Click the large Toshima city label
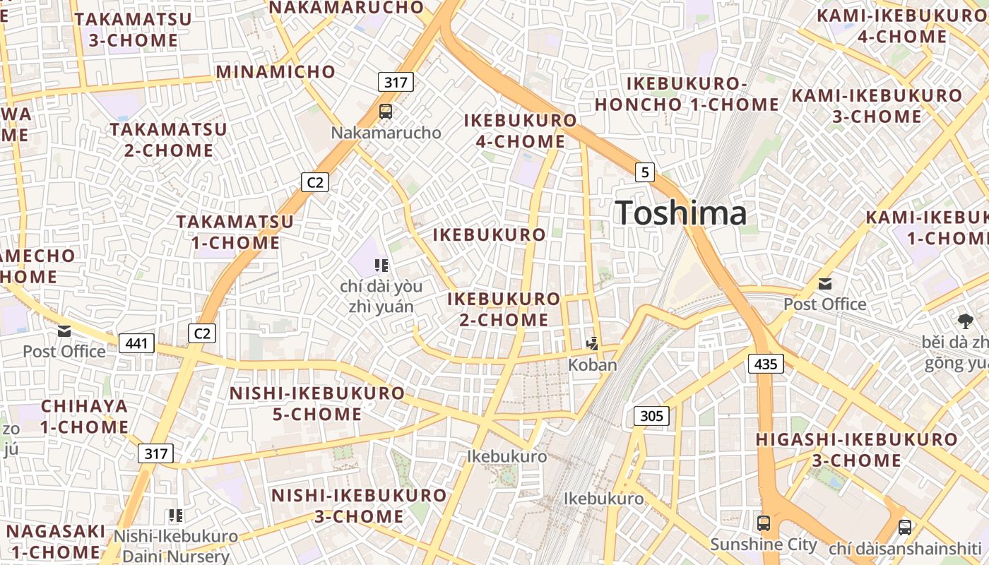pos(681,213)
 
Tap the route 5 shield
pos(644,172)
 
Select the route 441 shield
pos(136,343)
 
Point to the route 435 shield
pos(765,364)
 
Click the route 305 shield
pos(651,415)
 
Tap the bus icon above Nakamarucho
pos(386,111)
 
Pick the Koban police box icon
pos(593,344)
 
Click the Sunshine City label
pos(763,545)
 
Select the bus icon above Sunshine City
pos(764,523)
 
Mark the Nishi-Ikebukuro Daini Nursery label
pos(176,546)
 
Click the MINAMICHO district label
pos(276,71)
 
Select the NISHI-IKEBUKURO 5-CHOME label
pos(317,403)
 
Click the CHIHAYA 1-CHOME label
pos(84,417)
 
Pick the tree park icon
pos(966,321)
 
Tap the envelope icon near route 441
pos(64,331)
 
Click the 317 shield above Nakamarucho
pos(396,82)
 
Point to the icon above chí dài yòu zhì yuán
pos(381,266)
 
